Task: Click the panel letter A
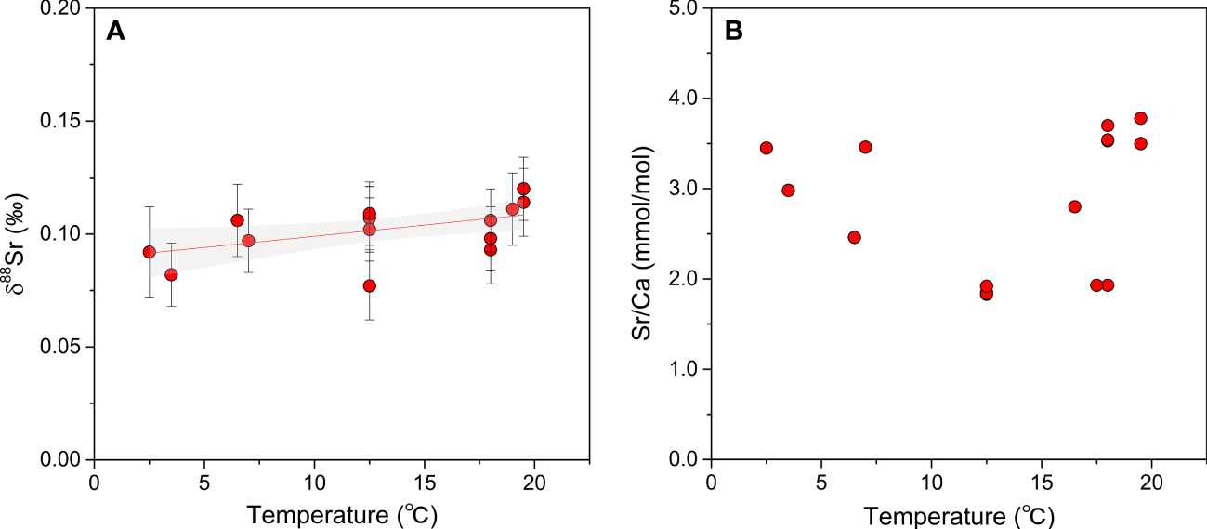click(115, 32)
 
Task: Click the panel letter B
click(733, 32)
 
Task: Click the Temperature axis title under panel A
click(341, 514)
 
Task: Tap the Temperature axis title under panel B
click(958, 514)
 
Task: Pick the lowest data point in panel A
click(369, 285)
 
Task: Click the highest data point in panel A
click(523, 189)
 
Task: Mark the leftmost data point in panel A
click(149, 252)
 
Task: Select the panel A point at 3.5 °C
click(171, 274)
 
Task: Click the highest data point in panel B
click(1141, 118)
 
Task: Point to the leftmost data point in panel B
click(766, 148)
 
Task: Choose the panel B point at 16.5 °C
click(1074, 206)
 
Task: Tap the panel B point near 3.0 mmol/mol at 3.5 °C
click(788, 190)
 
